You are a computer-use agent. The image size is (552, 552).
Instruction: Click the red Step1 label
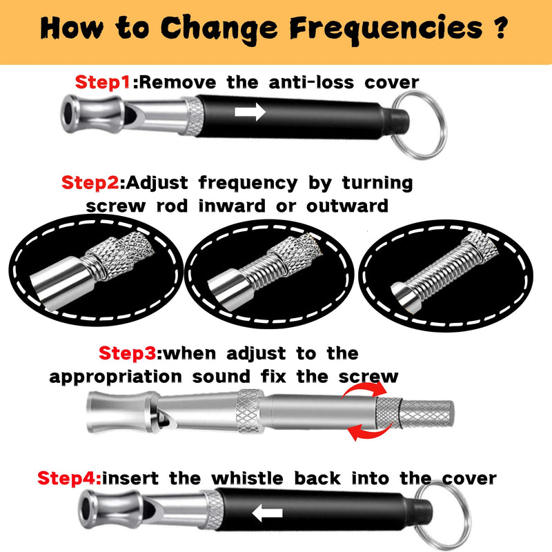tap(103, 83)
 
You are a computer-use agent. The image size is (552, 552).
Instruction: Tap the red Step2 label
tap(90, 183)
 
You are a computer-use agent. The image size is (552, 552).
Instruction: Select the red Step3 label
tap(128, 353)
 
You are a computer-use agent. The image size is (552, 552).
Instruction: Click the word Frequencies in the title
tap(386, 29)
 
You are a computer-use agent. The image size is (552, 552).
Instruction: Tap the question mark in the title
tap(500, 28)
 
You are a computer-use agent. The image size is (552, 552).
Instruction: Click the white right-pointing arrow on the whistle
tap(250, 112)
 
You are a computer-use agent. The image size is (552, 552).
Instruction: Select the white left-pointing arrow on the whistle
tap(267, 513)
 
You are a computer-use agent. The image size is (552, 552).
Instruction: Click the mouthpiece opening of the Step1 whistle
tap(67, 114)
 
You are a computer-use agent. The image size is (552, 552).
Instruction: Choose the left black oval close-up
tap(96, 270)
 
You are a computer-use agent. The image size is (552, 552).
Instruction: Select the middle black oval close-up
tap(269, 273)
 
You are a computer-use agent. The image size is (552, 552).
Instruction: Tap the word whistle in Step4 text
tap(248, 478)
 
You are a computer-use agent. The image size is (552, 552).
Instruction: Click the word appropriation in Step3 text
tap(115, 377)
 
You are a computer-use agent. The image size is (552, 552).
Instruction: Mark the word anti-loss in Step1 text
tap(312, 83)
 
